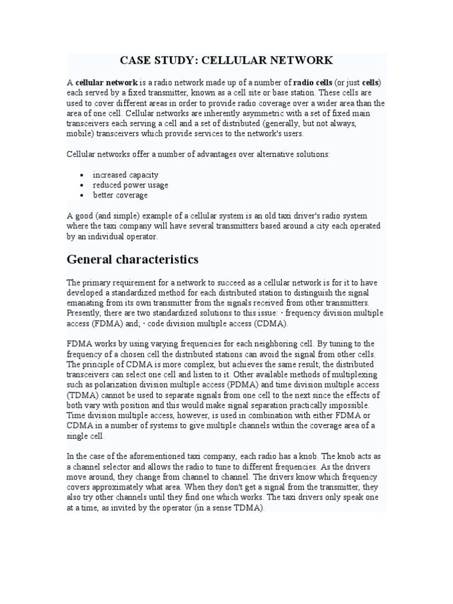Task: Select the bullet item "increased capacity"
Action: [125, 175]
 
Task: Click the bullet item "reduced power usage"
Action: [130, 185]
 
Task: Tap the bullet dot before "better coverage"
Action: [81, 195]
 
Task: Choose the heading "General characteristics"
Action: [133, 260]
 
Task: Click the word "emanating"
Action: [86, 303]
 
